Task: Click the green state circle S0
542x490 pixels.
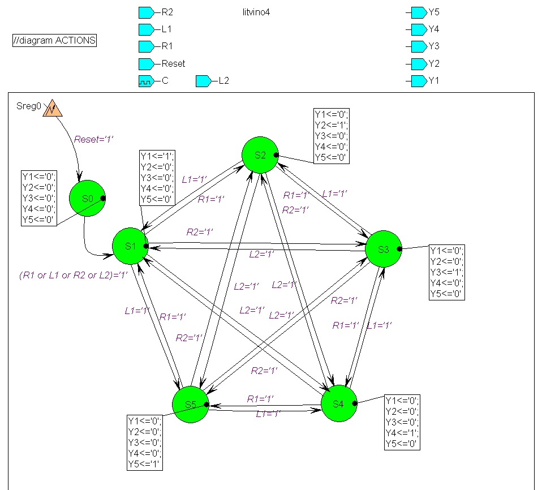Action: (x=87, y=199)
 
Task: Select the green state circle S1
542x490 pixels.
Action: (x=131, y=246)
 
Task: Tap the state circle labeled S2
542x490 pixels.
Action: (x=260, y=155)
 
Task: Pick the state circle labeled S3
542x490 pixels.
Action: (x=384, y=249)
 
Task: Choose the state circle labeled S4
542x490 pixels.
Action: (x=338, y=403)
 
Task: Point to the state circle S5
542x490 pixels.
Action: (x=191, y=405)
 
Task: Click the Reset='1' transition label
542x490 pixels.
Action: (x=94, y=139)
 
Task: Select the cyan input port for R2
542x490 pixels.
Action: (x=146, y=12)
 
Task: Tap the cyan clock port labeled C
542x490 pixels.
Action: (x=146, y=81)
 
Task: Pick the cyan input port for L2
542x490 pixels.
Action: (x=203, y=81)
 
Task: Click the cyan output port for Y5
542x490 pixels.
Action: (x=419, y=12)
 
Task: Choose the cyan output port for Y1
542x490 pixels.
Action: (x=419, y=81)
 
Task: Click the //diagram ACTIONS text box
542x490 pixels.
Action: (x=54, y=40)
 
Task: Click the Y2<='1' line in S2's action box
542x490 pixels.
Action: (x=332, y=125)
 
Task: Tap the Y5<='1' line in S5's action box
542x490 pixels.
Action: (x=145, y=464)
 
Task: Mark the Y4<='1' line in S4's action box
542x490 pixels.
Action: (x=402, y=433)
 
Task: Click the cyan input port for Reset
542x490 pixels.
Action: (x=146, y=64)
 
